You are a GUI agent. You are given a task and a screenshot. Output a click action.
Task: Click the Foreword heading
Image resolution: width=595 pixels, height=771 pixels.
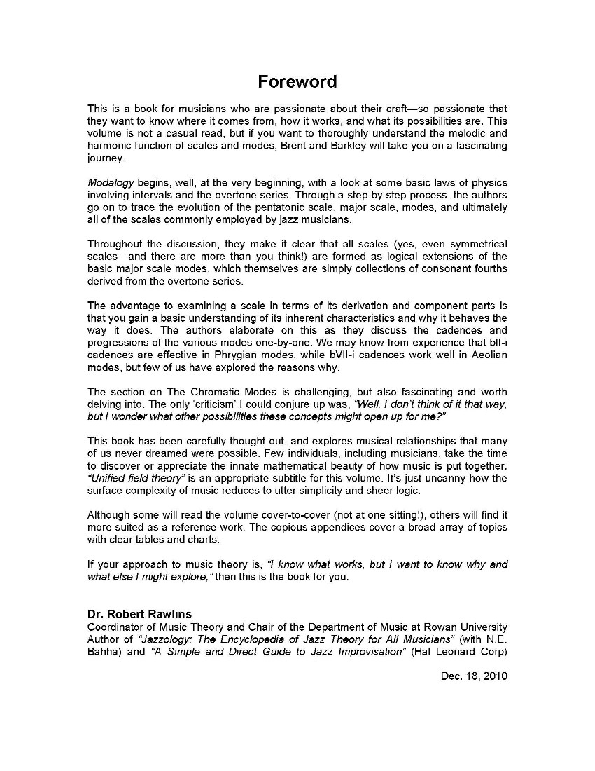pyautogui.click(x=297, y=81)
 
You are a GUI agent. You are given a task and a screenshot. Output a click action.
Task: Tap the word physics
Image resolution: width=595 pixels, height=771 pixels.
pyautogui.click(x=489, y=182)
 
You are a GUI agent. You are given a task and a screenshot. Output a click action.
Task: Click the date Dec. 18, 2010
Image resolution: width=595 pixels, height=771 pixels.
pyautogui.click(x=474, y=676)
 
